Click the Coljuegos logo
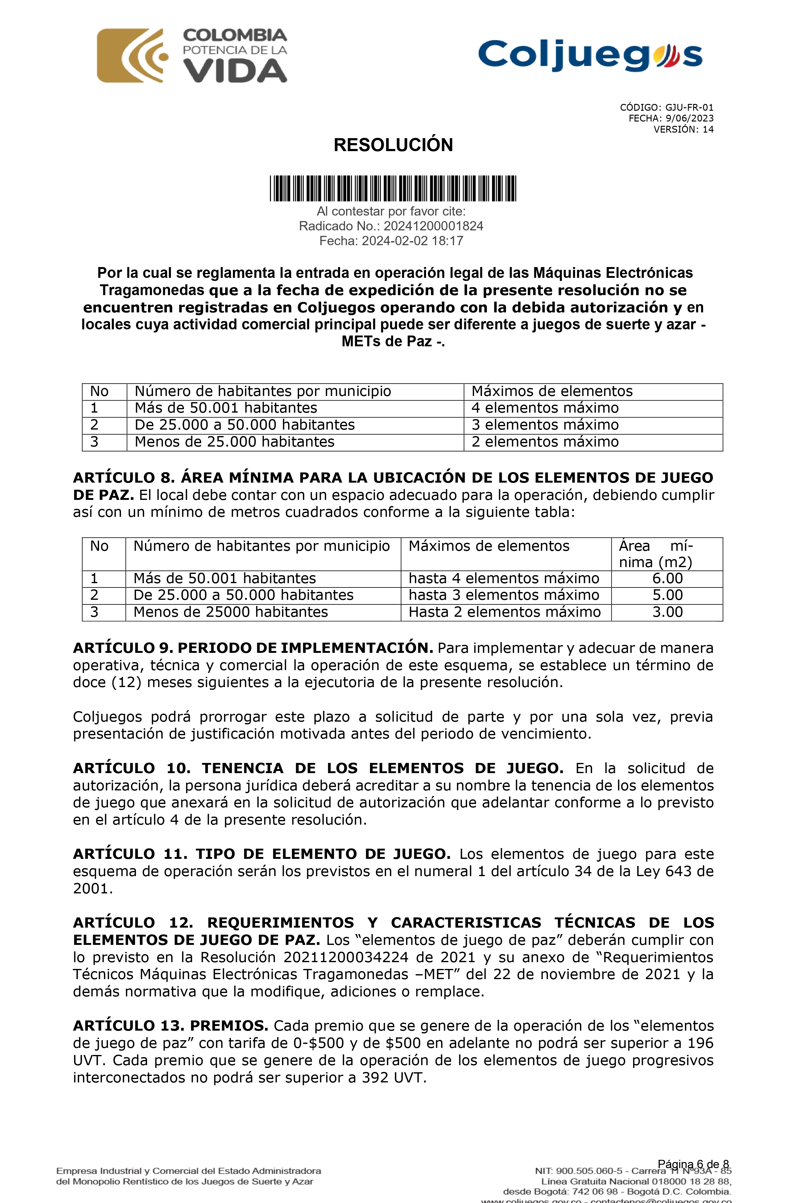click(590, 55)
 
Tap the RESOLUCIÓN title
click(393, 145)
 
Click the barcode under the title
click(393, 188)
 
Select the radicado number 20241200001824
click(433, 226)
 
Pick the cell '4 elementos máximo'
click(545, 408)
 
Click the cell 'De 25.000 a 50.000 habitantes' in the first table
click(244, 425)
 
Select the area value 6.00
click(667, 578)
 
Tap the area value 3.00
click(667, 612)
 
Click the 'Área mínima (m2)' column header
click(656, 554)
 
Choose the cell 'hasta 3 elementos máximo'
click(504, 595)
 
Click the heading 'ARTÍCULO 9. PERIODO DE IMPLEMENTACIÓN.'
click(253, 648)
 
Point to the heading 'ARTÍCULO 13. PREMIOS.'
click(170, 1026)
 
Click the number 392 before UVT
click(375, 1078)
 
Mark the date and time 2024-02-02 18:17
click(412, 241)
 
